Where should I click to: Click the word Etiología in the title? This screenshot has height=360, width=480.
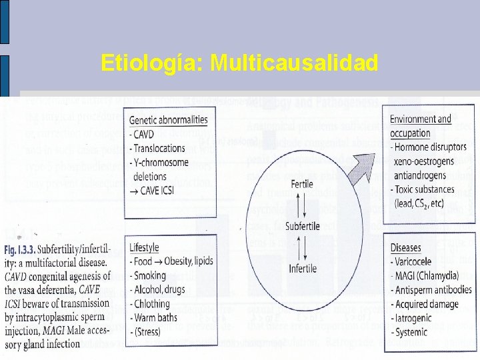click(x=151, y=63)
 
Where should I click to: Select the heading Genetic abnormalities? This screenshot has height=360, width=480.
click(x=168, y=120)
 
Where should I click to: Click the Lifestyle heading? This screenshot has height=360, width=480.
click(x=145, y=247)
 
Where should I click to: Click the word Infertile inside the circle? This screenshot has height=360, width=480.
click(x=303, y=268)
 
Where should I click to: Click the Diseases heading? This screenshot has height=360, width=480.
click(x=406, y=248)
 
